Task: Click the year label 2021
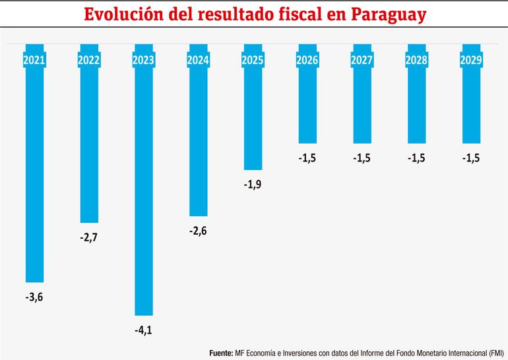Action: [34, 61]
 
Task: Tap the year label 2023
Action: [143, 61]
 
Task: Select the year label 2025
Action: [253, 61]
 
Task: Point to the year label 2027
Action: [362, 61]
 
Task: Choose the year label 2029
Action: [470, 61]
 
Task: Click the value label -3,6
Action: [34, 297]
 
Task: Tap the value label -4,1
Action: [143, 329]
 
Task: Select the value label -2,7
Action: [89, 237]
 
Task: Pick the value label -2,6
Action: [198, 230]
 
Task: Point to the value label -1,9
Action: [253, 185]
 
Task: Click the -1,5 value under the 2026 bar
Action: [307, 158]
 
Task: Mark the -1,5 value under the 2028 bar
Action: [416, 158]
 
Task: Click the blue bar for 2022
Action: [89, 145]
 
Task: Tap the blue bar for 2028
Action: [416, 105]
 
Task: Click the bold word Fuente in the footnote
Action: [221, 353]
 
